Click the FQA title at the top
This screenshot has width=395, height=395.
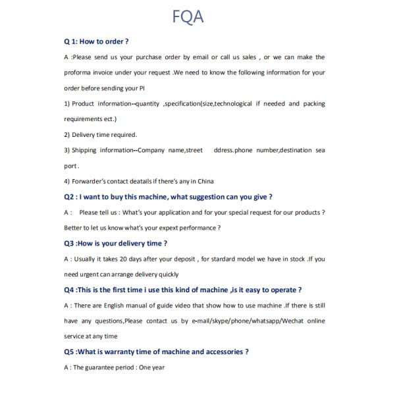(188, 16)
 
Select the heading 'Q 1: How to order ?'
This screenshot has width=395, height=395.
(96, 41)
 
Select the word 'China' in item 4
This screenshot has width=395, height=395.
(204, 181)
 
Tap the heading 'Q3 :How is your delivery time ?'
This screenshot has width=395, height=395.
(115, 244)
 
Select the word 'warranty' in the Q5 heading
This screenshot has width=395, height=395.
(120, 352)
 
